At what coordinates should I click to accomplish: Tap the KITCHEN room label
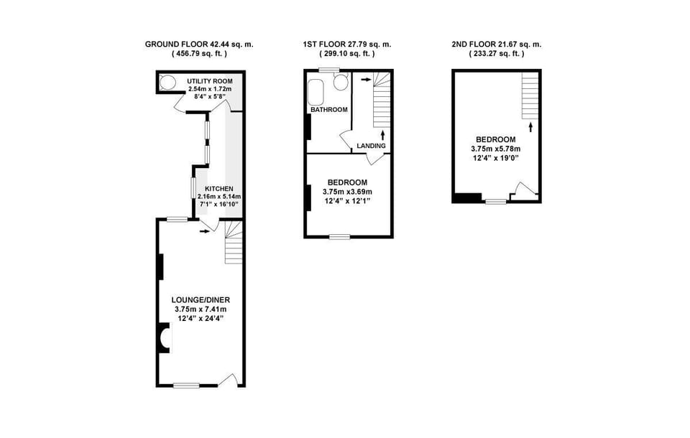219,189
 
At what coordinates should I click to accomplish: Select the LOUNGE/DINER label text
201,299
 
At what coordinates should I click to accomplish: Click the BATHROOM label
329,110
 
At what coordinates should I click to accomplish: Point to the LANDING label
372,146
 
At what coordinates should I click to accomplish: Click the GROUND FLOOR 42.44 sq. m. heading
199,44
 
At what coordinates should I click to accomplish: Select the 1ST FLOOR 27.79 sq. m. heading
347,44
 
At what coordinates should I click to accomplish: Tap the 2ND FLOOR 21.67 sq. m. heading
496,44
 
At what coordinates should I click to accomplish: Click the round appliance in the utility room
167,82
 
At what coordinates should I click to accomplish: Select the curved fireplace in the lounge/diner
165,337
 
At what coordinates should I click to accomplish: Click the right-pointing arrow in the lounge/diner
206,230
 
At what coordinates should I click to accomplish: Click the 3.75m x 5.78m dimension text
496,149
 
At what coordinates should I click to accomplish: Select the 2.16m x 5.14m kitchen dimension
219,197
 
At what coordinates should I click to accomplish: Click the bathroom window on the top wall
330,70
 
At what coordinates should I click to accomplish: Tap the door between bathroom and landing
346,141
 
